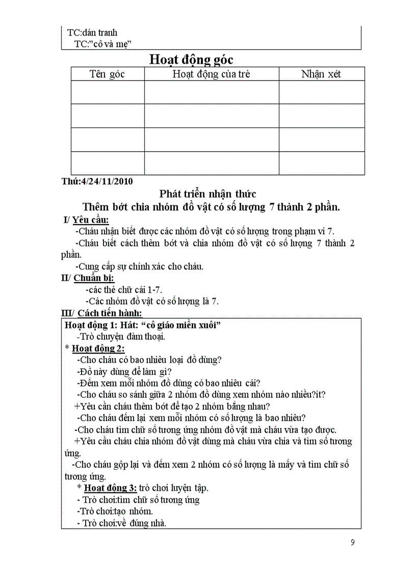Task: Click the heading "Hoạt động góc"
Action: (x=191, y=59)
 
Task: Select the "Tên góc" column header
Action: (x=107, y=74)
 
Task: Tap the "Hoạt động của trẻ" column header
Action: (x=211, y=74)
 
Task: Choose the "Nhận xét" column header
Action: (x=321, y=74)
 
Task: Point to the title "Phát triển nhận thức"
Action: (x=207, y=194)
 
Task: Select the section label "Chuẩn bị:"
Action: (x=94, y=278)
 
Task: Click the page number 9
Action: (x=353, y=542)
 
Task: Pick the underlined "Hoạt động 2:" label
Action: (x=98, y=348)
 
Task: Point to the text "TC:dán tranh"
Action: (x=92, y=33)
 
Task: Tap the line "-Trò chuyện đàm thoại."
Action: (x=121, y=337)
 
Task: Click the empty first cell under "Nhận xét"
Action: (x=321, y=92)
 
